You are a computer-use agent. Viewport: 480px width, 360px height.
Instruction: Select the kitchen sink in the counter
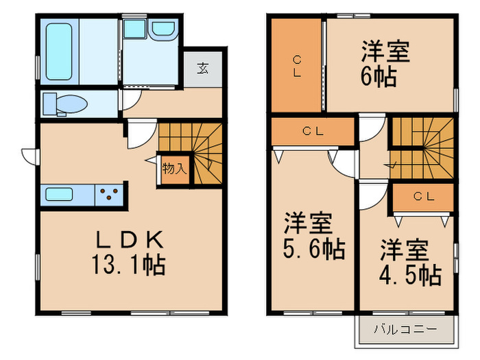coord(64,194)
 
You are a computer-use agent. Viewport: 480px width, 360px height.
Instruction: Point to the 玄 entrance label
coord(204,68)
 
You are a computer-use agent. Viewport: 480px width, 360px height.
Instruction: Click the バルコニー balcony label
coord(405,329)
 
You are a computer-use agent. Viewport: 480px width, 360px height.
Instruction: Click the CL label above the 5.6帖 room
coord(313,132)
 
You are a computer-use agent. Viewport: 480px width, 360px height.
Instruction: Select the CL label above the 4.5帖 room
coord(423,197)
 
